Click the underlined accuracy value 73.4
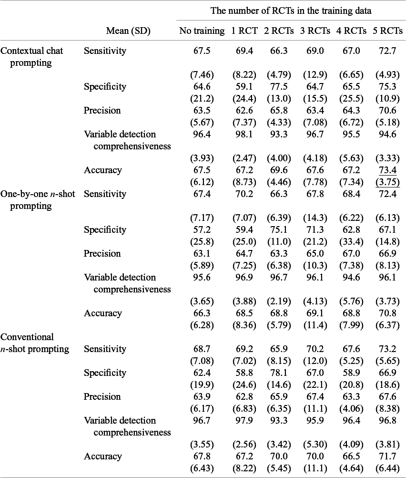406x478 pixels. [386, 170]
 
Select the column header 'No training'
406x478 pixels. [202, 31]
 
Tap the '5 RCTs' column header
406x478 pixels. [386, 31]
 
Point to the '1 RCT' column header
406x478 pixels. [244, 31]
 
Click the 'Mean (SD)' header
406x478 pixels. [128, 31]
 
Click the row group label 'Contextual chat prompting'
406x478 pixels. [31, 57]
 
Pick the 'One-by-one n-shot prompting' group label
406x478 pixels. [37, 200]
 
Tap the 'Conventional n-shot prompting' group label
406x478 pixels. [34, 343]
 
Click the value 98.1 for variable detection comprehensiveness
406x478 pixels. [244, 135]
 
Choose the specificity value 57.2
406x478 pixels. [202, 230]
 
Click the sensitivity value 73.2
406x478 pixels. [386, 349]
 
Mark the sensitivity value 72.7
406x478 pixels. [386, 51]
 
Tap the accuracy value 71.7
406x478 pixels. [386, 457]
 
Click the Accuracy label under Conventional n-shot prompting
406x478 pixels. [102, 457]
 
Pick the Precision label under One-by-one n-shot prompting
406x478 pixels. [102, 254]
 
